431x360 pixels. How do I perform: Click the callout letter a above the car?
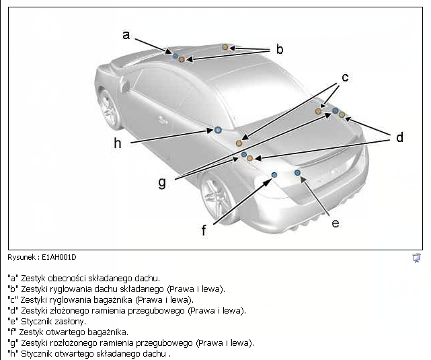click(126, 35)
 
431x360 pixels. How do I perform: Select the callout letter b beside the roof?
click(279, 49)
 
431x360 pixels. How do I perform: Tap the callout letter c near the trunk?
click(345, 77)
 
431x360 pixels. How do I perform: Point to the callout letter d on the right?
click(399, 137)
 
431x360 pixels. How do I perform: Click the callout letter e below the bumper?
click(336, 223)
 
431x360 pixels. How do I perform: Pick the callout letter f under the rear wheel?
click(204, 230)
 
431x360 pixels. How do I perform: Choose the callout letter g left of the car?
click(162, 182)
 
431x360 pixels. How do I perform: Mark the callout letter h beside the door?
click(118, 143)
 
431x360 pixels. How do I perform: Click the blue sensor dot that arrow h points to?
click(218, 130)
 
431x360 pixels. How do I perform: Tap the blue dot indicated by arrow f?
click(274, 175)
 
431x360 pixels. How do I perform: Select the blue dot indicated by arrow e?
click(297, 173)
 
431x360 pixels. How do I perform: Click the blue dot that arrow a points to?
click(175, 56)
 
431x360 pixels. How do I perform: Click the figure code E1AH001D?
click(58, 258)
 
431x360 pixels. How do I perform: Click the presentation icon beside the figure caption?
click(416, 258)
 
